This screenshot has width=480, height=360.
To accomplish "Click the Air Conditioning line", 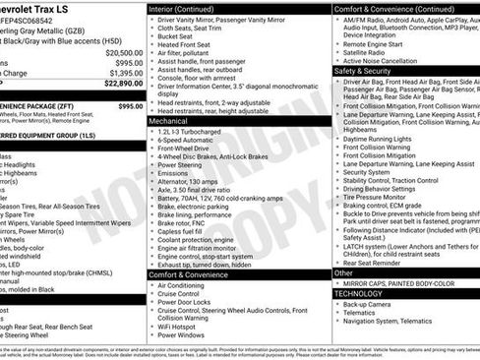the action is tap(187, 285).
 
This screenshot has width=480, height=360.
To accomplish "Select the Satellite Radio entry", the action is tap(370, 51).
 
